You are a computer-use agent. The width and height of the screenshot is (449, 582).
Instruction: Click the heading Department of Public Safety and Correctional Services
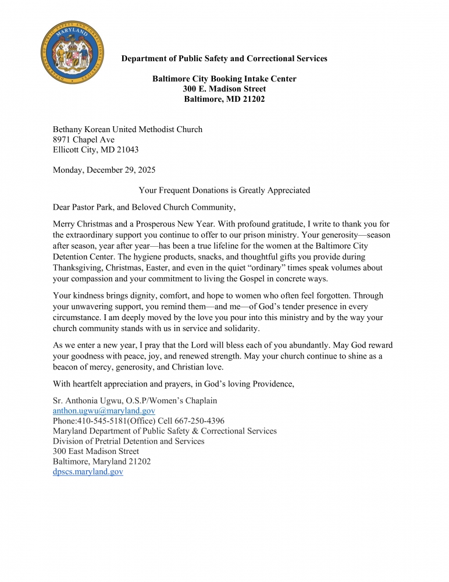(x=224, y=59)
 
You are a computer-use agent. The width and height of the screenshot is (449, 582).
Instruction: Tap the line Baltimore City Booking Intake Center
(x=224, y=79)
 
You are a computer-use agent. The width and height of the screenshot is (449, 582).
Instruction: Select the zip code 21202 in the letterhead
(x=252, y=99)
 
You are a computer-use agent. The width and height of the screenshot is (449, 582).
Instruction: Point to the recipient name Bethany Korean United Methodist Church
(x=127, y=130)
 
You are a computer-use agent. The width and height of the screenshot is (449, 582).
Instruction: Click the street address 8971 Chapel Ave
(x=84, y=140)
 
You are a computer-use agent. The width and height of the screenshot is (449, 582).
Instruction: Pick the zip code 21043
(x=126, y=150)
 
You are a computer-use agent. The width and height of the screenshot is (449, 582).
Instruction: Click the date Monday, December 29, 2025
(x=104, y=171)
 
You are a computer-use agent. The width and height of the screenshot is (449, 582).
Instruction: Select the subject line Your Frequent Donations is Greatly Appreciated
(x=224, y=190)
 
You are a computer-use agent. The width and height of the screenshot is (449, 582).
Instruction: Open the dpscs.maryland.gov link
(x=88, y=472)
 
